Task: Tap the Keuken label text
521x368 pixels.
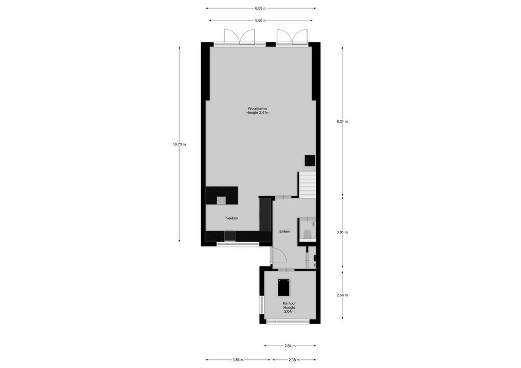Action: click(x=232, y=218)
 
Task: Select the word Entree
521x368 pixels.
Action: click(x=285, y=232)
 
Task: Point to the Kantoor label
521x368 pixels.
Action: click(x=289, y=303)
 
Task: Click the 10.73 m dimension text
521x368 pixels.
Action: click(x=179, y=144)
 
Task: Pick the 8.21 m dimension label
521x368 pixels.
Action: click(x=342, y=122)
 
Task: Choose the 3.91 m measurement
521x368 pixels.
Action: click(x=342, y=232)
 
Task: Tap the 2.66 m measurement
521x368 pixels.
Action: click(x=342, y=295)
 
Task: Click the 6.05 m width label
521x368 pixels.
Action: click(x=260, y=8)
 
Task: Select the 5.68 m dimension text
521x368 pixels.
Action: click(x=260, y=20)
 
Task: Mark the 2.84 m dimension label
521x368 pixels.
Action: click(x=290, y=346)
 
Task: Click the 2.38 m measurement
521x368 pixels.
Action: click(x=294, y=360)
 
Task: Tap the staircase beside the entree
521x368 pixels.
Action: click(x=307, y=185)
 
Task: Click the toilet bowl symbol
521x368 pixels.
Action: click(x=308, y=234)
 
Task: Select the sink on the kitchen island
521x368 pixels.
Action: click(x=221, y=200)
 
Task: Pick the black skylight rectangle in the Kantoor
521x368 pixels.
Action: click(x=284, y=287)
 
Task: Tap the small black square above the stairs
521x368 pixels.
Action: click(x=310, y=160)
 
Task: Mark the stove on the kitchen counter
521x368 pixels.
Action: click(x=230, y=236)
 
